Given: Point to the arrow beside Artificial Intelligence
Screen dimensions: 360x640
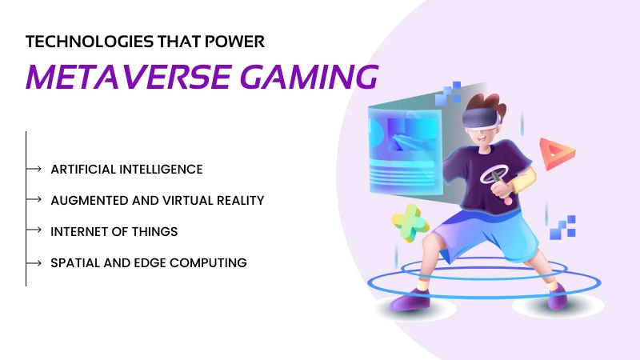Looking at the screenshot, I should [x=34, y=169].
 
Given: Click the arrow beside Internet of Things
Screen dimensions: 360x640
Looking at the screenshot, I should [x=34, y=230].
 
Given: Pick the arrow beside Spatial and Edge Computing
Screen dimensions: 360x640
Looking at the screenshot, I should [x=34, y=262].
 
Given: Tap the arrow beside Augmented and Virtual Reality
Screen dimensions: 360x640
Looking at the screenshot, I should [x=34, y=199].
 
